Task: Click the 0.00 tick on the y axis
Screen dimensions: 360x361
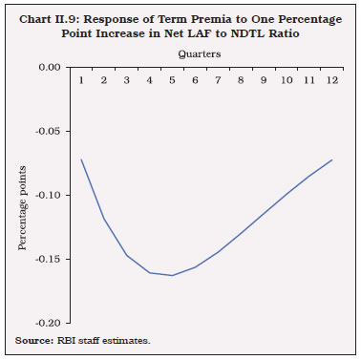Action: (50, 68)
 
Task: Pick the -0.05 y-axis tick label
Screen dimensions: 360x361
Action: (48, 132)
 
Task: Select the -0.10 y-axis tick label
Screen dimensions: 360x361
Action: (48, 196)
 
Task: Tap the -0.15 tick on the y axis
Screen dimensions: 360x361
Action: (48, 260)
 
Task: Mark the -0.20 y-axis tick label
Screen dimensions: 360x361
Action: (48, 324)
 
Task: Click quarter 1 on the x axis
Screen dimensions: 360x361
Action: (80, 79)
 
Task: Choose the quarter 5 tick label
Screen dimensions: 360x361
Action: (172, 79)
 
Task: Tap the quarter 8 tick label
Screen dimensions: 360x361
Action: (241, 79)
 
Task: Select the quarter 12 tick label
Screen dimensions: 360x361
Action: (331, 79)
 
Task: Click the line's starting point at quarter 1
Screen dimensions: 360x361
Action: (80, 159)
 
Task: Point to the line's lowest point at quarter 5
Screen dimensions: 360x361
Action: (172, 276)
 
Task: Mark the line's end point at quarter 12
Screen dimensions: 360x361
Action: (331, 159)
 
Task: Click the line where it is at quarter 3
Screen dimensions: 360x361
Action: (126, 255)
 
